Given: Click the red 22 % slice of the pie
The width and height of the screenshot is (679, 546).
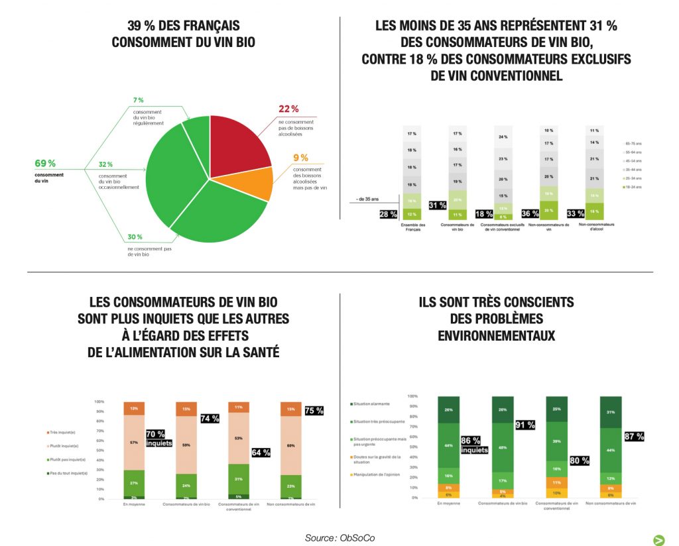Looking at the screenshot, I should point(239,139).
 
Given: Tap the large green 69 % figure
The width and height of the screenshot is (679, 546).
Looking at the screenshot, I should point(46,163).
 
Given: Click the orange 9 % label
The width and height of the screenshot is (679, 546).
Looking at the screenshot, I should point(300,158).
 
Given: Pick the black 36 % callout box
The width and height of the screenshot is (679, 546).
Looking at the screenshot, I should point(530,213).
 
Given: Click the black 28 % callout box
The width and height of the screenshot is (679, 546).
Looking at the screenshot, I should point(388,213).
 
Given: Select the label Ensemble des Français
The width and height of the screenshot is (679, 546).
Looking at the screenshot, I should point(413,227).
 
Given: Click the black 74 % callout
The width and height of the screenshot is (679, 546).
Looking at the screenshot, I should point(210,418).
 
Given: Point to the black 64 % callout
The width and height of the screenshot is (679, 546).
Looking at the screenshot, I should point(261,453).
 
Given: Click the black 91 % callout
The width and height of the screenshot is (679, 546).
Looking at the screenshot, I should point(525,425).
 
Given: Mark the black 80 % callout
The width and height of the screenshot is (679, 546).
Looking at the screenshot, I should point(579,461).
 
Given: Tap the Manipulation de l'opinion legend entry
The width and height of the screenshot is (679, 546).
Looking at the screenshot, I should point(379,475).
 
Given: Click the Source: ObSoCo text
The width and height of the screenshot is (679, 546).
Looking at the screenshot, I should point(339,537).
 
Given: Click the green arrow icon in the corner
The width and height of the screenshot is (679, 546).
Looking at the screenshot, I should point(659,539).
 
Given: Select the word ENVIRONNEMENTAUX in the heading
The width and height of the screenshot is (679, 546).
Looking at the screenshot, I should point(496,336).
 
